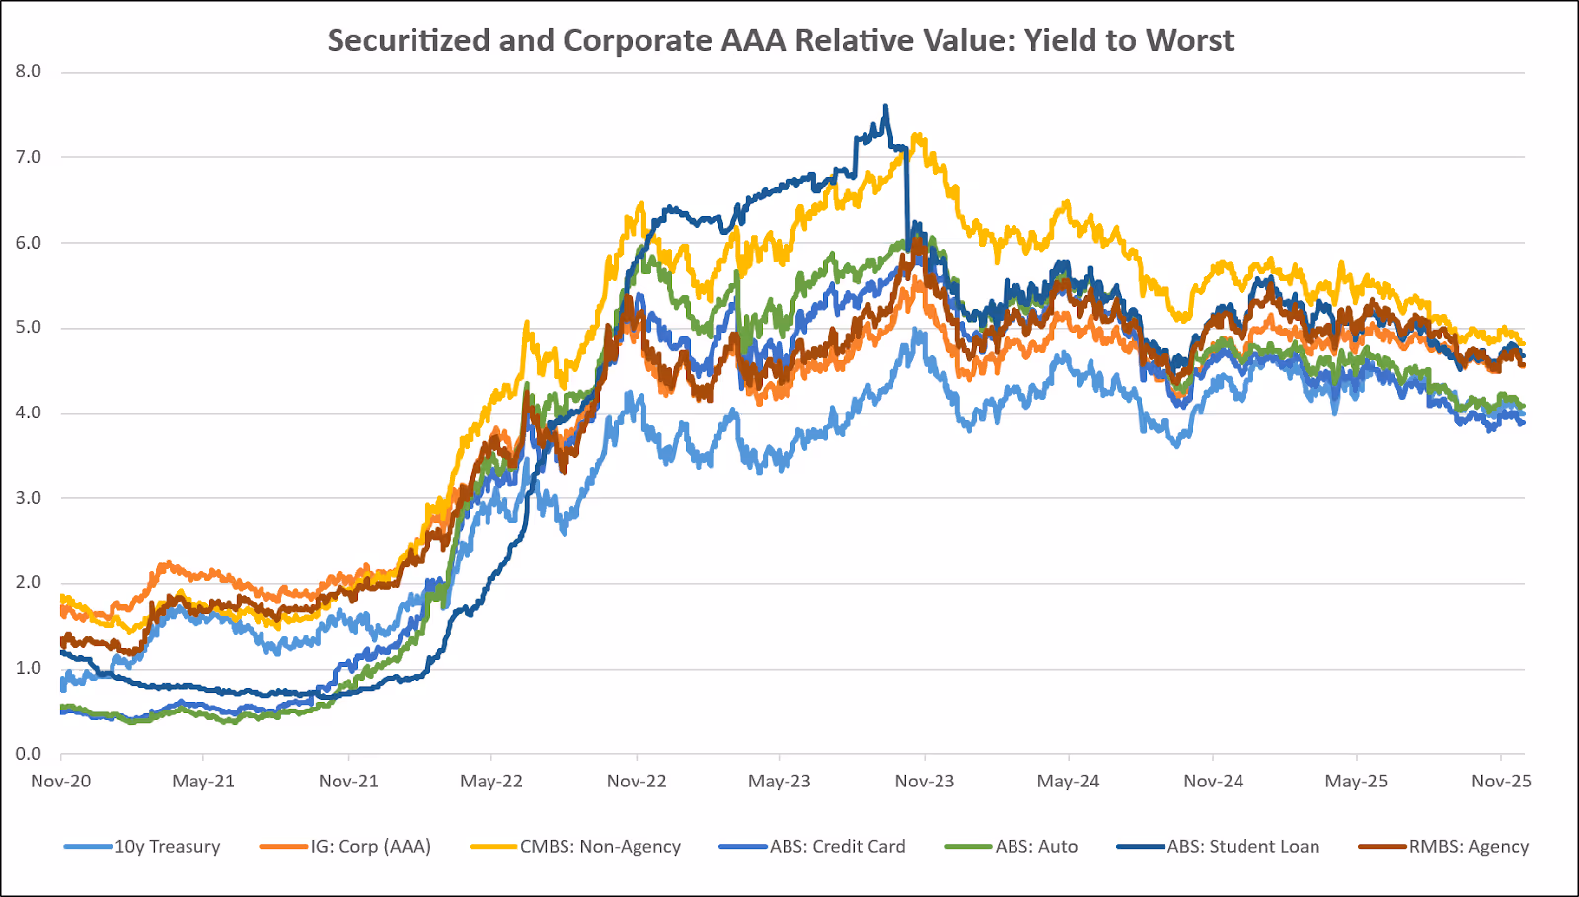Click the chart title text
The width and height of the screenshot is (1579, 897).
[780, 40]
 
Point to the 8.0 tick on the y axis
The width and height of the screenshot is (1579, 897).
[29, 71]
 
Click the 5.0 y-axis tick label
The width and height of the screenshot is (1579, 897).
[29, 328]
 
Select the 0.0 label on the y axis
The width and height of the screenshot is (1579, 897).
[29, 754]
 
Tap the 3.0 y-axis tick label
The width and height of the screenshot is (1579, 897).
[29, 498]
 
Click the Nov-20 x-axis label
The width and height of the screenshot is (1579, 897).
[61, 782]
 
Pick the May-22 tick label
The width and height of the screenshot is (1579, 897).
[491, 782]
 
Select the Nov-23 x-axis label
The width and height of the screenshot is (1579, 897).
[925, 782]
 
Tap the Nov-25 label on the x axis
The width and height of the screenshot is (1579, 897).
[1501, 782]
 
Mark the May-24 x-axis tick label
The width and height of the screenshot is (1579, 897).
[1068, 782]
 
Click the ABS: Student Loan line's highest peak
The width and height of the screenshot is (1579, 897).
[885, 106]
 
